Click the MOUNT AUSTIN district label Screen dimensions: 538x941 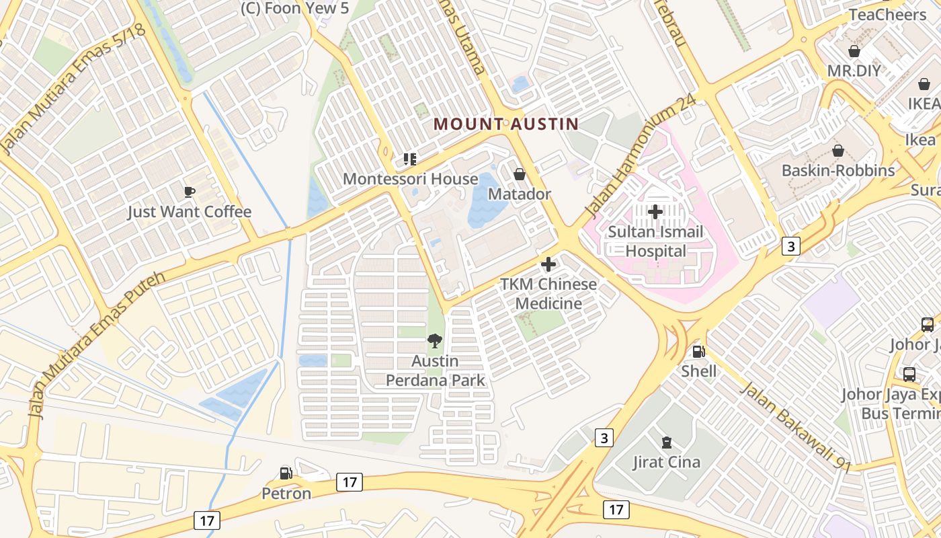pyautogui.click(x=506, y=124)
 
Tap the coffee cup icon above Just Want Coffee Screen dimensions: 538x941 pyautogui.click(x=190, y=192)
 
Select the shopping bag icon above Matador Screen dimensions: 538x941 pyautogui.click(x=520, y=174)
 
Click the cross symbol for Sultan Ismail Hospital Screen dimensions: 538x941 pyautogui.click(x=655, y=212)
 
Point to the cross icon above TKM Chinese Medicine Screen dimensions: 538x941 pyautogui.click(x=548, y=264)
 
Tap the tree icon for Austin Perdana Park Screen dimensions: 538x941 pyautogui.click(x=435, y=341)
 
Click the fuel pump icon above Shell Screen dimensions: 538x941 pyautogui.click(x=698, y=351)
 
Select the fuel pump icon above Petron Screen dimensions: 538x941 pyautogui.click(x=286, y=473)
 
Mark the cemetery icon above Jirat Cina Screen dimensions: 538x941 pyautogui.click(x=666, y=442)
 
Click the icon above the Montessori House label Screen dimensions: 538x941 pyautogui.click(x=410, y=159)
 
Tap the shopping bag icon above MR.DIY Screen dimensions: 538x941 pyautogui.click(x=854, y=51)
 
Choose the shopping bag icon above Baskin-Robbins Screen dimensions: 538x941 pyautogui.click(x=837, y=151)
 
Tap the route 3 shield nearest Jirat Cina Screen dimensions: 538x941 pyautogui.click(x=604, y=438)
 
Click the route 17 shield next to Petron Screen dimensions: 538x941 pyautogui.click(x=350, y=482)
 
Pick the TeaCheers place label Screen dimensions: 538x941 pyautogui.click(x=887, y=15)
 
